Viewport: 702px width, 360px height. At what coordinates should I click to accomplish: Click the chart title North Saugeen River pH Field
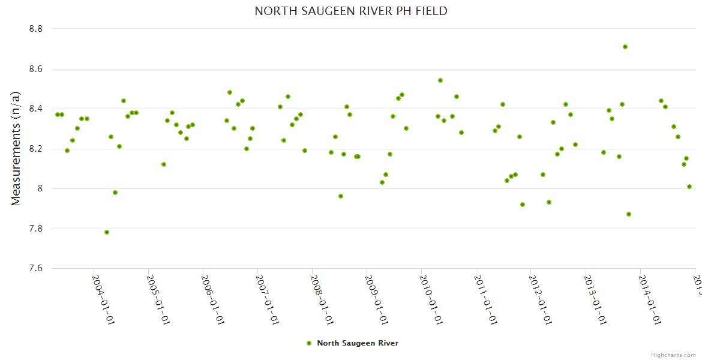tap(351, 11)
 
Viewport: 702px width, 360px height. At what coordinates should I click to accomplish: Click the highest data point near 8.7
tap(625, 47)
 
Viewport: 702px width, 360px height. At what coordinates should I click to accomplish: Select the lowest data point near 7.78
tap(107, 232)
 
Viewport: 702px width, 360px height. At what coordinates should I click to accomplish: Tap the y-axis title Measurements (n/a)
tap(16, 148)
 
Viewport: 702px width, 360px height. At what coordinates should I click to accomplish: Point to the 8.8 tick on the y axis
tap(37, 29)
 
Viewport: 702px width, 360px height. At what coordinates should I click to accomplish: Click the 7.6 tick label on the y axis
tap(37, 268)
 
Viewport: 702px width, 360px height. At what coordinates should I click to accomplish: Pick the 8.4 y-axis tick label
tap(37, 109)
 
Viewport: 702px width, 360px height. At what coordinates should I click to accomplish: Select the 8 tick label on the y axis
tap(43, 188)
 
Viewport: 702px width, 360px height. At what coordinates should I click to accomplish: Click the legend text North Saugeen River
tap(358, 343)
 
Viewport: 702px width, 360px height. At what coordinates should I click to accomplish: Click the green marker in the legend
tap(309, 343)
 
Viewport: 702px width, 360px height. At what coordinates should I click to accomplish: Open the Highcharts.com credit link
tap(674, 355)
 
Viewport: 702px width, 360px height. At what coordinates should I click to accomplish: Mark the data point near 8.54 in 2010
tap(440, 80)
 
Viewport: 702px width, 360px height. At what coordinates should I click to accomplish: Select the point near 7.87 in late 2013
tap(629, 214)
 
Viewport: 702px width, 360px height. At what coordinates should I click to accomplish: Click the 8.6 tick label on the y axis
tap(37, 69)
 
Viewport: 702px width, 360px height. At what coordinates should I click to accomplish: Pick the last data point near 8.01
tap(689, 187)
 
